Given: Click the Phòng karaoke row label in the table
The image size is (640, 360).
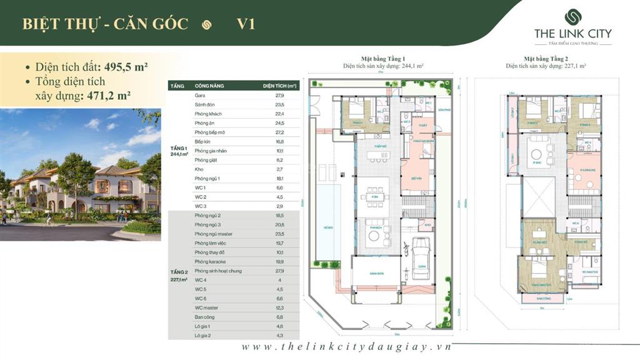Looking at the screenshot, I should click(x=210, y=261).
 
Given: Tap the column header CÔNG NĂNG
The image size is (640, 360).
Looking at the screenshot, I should click(x=209, y=86).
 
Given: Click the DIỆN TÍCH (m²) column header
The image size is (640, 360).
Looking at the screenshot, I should click(x=279, y=86).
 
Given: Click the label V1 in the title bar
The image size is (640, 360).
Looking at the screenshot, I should click(x=246, y=24).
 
